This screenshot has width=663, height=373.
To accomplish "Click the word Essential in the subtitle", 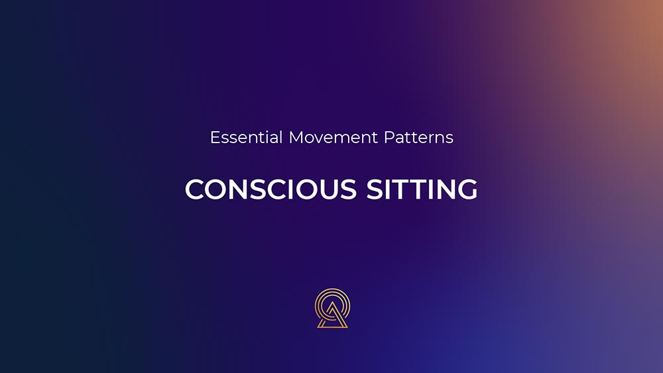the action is click(x=246, y=137).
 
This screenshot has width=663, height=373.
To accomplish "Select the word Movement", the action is click(x=333, y=137).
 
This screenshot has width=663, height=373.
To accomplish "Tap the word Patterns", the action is click(x=418, y=137).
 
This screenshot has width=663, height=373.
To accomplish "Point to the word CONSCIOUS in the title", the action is click(x=271, y=189).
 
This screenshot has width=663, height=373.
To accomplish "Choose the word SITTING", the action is click(x=422, y=189).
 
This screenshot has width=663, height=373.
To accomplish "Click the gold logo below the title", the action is click(x=332, y=308).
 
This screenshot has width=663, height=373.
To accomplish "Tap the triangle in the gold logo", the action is click(x=332, y=316).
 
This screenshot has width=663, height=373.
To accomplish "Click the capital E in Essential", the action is click(x=215, y=137).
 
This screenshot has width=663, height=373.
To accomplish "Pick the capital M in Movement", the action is click(x=296, y=137).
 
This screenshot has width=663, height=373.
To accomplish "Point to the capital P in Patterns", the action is click(x=389, y=137).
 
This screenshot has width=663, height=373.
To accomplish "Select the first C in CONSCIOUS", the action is click(x=195, y=189).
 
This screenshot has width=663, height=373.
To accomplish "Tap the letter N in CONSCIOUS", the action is click(x=242, y=189).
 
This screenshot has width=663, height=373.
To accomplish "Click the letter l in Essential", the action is click(x=281, y=137).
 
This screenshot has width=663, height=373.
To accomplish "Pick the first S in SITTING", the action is click(x=375, y=189).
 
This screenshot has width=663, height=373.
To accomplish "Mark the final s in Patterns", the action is click(x=450, y=139).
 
